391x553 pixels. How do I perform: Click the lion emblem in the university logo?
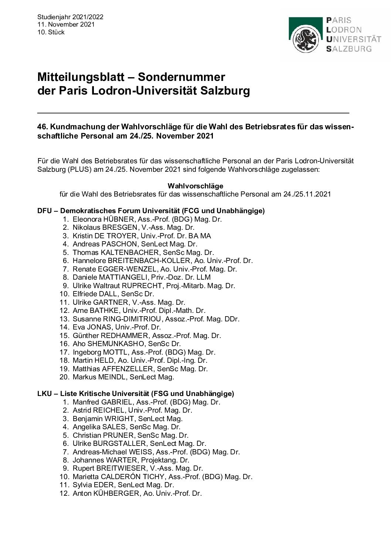tap(305, 40)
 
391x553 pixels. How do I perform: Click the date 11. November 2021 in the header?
tap(66, 24)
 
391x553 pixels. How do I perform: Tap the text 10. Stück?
tap(51, 32)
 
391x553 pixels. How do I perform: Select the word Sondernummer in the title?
tap(181, 77)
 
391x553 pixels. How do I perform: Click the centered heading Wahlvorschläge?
tap(195, 185)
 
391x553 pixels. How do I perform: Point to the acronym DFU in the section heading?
tap(45, 211)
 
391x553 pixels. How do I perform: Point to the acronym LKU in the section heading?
tap(45, 393)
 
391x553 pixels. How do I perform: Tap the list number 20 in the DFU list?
tap(64, 377)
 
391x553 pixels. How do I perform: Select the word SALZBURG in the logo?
tap(350, 49)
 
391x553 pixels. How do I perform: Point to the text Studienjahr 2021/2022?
tap(70, 17)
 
